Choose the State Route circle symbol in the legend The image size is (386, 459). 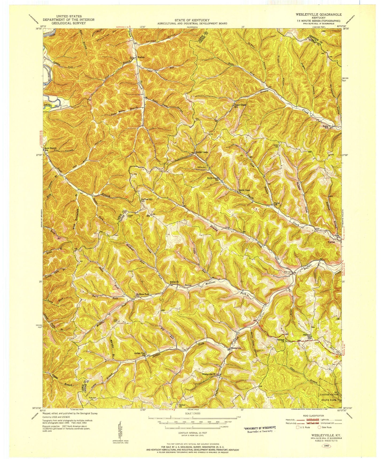click(319, 427)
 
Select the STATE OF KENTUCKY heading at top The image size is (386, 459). click(192, 20)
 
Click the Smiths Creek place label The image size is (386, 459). click(201, 152)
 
